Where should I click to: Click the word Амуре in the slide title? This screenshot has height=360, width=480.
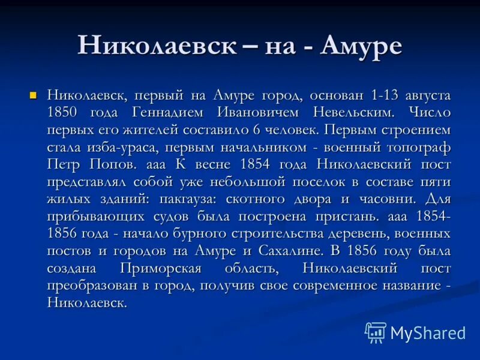362,47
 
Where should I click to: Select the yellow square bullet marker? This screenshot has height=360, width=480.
34,95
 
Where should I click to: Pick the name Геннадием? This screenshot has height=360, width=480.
163,113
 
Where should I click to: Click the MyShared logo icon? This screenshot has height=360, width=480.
376,332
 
